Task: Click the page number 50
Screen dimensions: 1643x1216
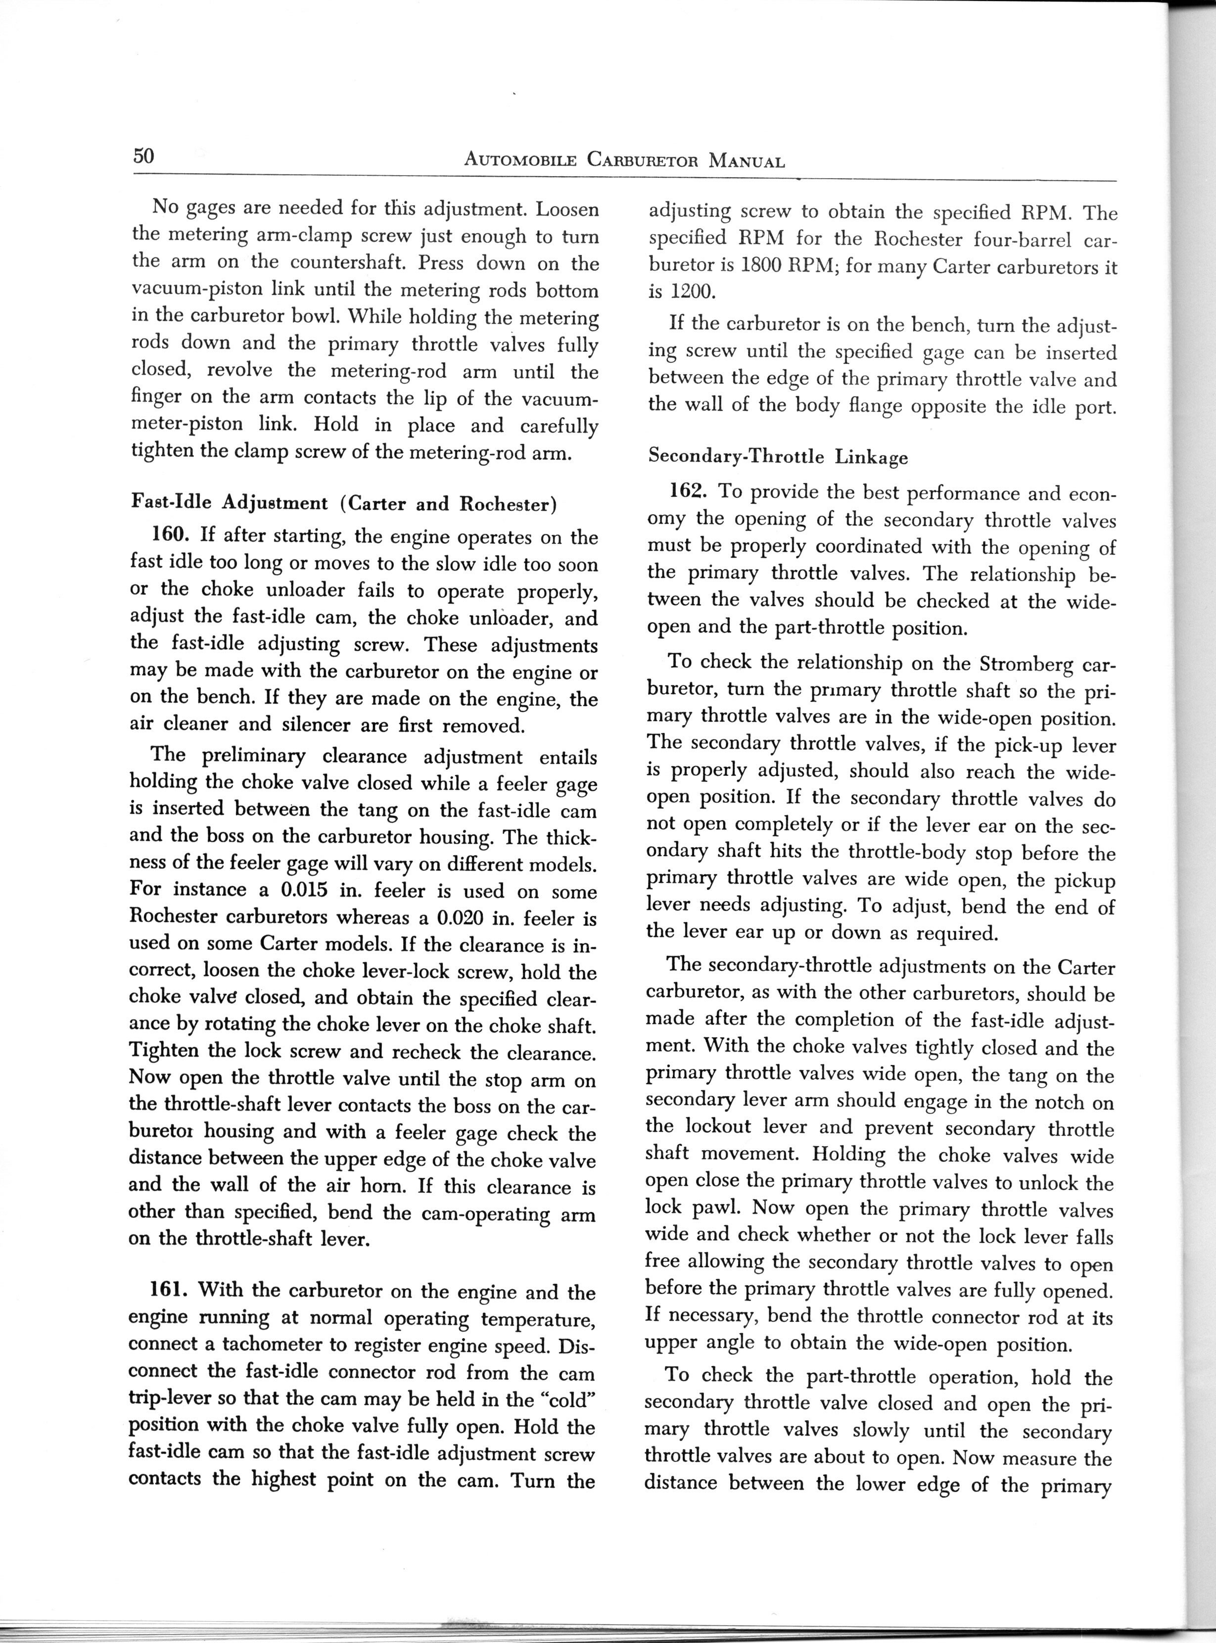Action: pos(143,156)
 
